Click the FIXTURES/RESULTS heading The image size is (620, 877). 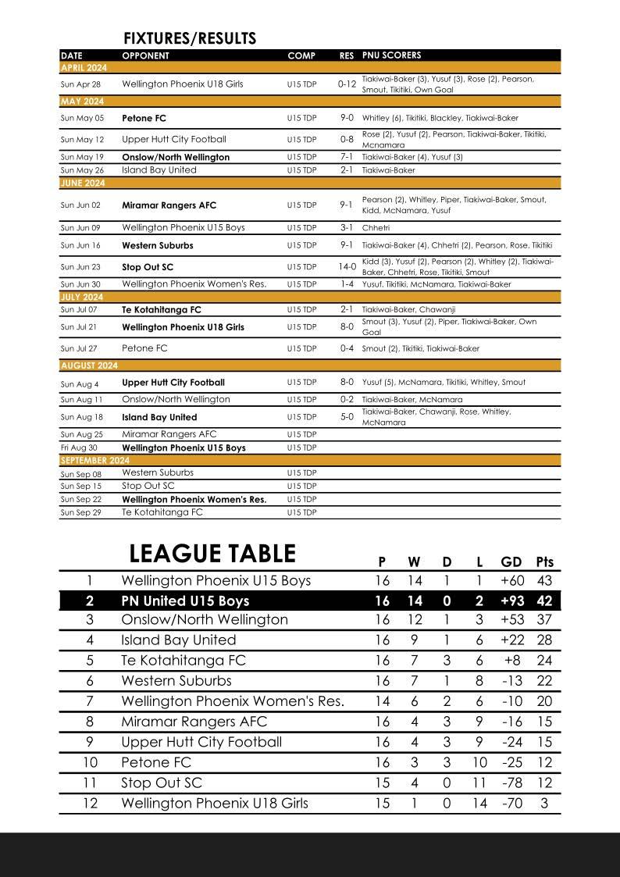[x=190, y=39]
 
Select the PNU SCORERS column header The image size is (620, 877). [x=391, y=55]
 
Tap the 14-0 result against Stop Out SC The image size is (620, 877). [x=347, y=266]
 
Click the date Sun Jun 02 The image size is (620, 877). [x=80, y=205]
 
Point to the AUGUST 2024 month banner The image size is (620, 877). [x=89, y=365]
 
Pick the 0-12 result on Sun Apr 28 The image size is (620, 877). [x=347, y=84]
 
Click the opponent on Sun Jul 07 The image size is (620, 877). [x=161, y=310]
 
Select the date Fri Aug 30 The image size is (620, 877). [x=80, y=447]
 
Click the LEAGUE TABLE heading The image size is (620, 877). [x=212, y=554]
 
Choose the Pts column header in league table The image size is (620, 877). [x=544, y=561]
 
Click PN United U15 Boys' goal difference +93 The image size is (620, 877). [x=511, y=601]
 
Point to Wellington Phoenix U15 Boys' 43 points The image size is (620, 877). [x=544, y=581]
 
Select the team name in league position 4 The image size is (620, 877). [x=178, y=640]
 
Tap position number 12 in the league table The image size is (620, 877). [x=90, y=803]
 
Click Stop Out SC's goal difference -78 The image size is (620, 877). [x=511, y=783]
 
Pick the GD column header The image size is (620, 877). [x=511, y=561]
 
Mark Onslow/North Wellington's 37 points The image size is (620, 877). [x=544, y=619]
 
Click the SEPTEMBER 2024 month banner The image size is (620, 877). [x=95, y=461]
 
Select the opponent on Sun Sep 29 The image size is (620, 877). [x=162, y=512]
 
